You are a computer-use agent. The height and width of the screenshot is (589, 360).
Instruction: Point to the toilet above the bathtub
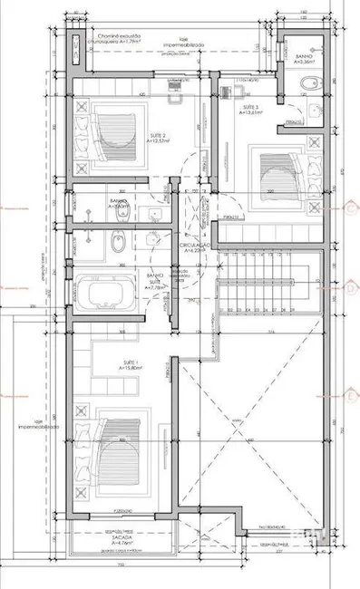pyautogui.click(x=115, y=243)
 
